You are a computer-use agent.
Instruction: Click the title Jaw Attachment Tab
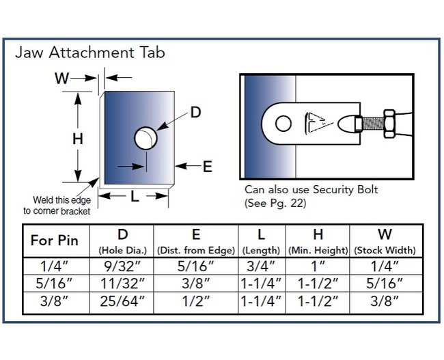pos(90,53)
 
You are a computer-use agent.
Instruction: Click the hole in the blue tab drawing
pos(145,138)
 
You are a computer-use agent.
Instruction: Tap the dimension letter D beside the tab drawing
pos(195,113)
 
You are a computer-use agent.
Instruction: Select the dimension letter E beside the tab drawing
pos(208,167)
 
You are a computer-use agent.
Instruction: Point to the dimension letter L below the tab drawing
pos(135,196)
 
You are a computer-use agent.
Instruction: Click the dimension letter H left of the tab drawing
pos(78,139)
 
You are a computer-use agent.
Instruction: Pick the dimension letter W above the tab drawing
pos(61,78)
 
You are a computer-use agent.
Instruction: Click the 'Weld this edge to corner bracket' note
pos(57,206)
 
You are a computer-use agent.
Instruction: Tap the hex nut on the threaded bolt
pos(389,124)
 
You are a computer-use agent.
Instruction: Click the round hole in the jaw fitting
pos(283,124)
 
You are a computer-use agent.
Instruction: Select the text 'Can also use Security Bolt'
pos(311,189)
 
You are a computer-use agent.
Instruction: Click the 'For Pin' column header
pos(55,240)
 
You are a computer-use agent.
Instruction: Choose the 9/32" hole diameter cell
pos(122,266)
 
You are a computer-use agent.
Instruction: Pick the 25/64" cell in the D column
pos(122,301)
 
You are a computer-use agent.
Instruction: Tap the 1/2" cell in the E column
pos(195,301)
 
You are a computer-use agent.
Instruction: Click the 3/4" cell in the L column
pos(261,266)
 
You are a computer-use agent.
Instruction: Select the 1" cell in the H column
pos(318,266)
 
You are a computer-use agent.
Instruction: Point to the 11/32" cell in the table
pos(122,283)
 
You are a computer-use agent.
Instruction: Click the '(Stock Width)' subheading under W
pos(385,251)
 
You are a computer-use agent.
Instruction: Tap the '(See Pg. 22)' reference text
pos(275,203)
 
